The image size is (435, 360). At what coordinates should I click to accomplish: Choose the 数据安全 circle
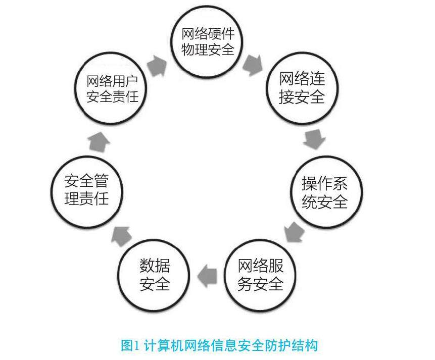coord(155,276)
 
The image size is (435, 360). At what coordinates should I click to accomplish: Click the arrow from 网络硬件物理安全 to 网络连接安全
coord(253,65)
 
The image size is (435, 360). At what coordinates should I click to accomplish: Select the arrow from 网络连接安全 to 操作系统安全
coord(314,139)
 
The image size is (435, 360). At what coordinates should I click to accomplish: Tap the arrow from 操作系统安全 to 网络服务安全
coord(294,232)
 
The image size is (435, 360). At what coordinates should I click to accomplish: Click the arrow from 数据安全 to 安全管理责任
coord(122,235)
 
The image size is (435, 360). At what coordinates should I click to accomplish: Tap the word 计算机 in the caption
coord(162,346)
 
